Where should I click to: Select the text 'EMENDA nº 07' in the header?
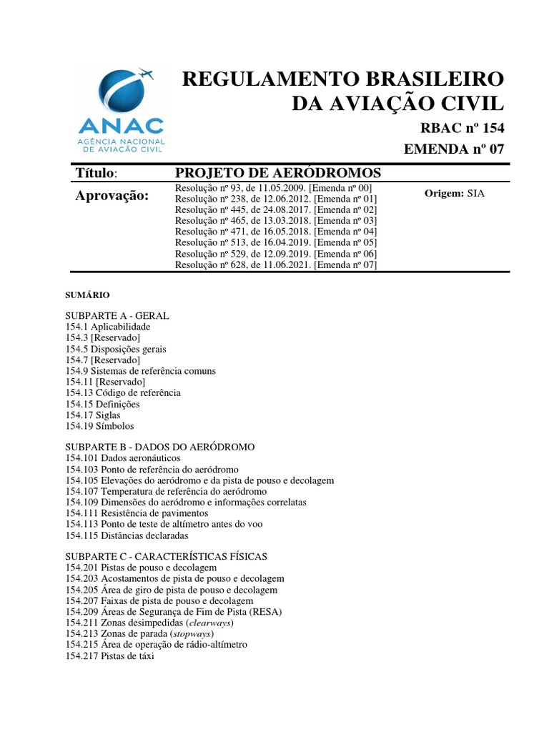[455, 149]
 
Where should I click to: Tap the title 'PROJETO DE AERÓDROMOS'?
[278, 173]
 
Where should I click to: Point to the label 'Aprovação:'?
[112, 196]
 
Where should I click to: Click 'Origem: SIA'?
[454, 193]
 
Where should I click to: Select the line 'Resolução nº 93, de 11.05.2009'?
[274, 187]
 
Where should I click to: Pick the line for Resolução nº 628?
[276, 265]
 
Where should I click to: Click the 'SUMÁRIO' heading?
[87, 295]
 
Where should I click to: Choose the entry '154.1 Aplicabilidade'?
[108, 327]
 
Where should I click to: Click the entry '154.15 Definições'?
[102, 404]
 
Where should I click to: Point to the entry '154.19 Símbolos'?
[99, 426]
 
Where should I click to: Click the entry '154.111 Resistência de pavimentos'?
[137, 513]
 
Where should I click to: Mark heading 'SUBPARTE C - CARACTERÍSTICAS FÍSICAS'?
[167, 556]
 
